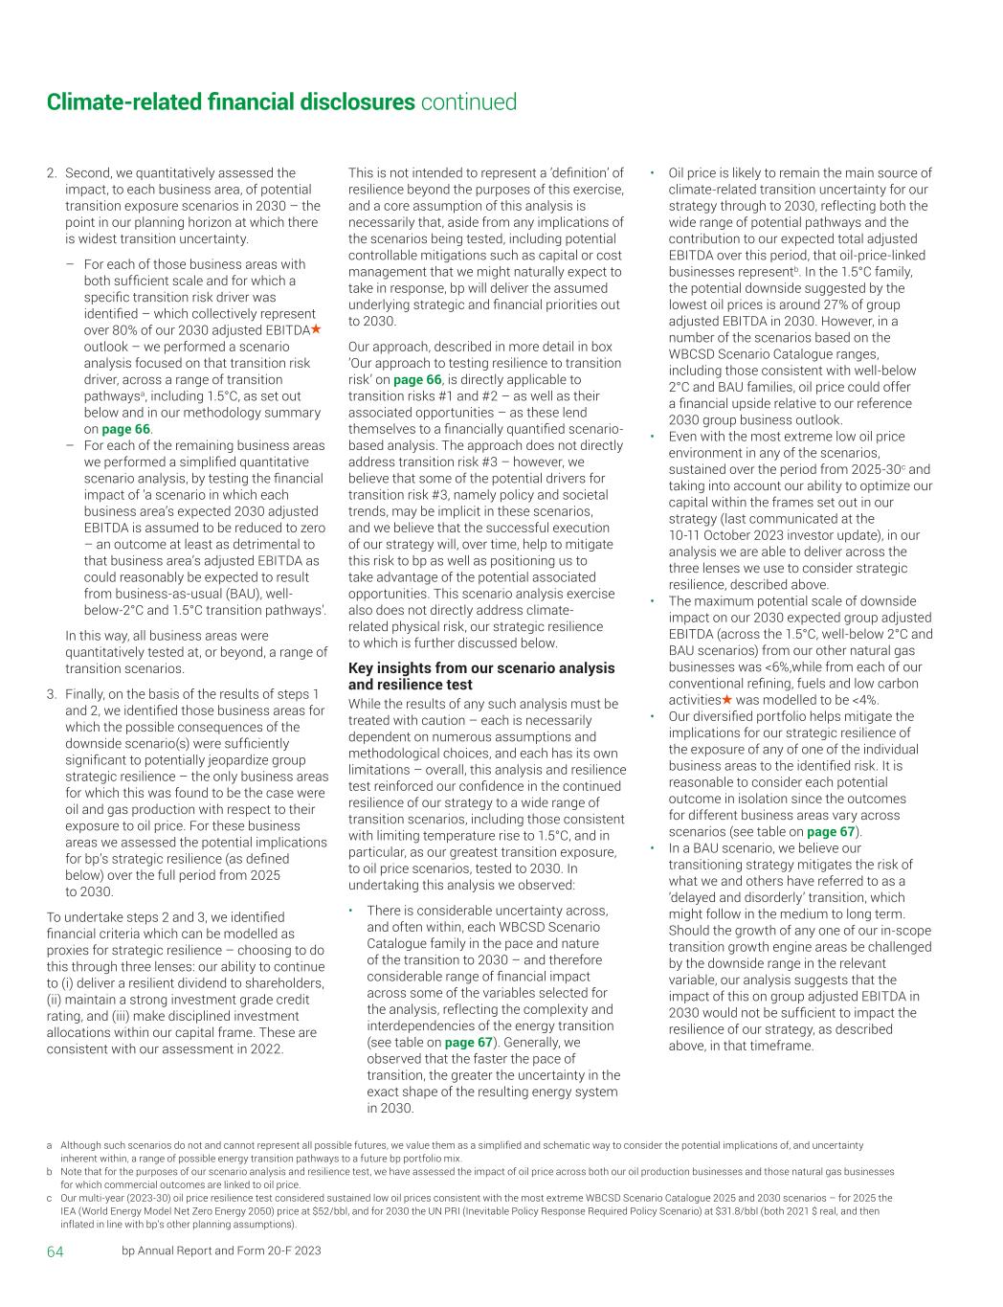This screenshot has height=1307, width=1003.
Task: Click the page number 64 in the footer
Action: [x=56, y=1251]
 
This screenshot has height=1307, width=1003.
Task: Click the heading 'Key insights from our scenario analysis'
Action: [x=481, y=667]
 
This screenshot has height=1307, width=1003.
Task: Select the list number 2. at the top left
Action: [x=53, y=173]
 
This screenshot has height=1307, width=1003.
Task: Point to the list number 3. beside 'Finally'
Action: [x=53, y=693]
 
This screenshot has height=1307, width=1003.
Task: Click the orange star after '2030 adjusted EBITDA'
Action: [x=316, y=329]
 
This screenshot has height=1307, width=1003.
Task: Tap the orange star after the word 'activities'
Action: [x=727, y=700]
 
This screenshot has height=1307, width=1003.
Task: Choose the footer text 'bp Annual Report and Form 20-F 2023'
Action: [x=221, y=1251]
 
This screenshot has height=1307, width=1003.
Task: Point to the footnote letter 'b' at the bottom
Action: [x=50, y=1171]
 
